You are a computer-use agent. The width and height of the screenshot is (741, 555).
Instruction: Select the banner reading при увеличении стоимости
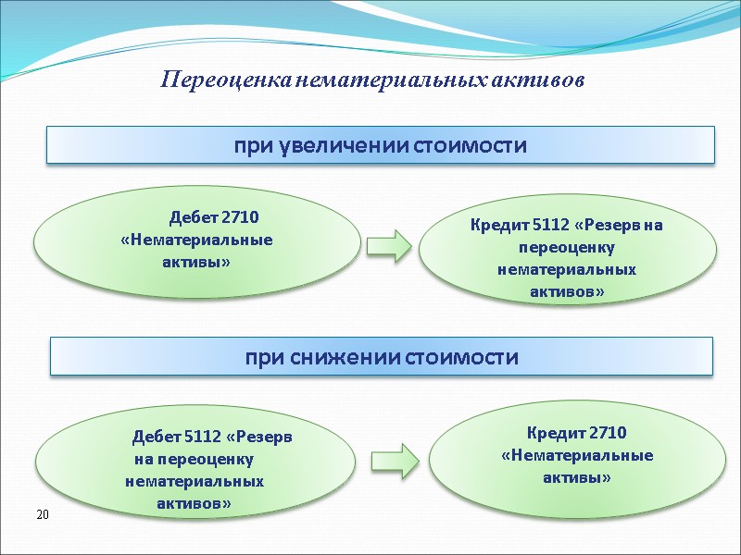pyautogui.click(x=381, y=145)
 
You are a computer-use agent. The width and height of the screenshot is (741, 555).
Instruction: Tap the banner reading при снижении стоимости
pyautogui.click(x=381, y=356)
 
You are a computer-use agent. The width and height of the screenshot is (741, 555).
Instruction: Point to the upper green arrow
pyautogui.click(x=388, y=245)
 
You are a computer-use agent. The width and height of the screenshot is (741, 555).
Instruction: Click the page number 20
pyautogui.click(x=41, y=513)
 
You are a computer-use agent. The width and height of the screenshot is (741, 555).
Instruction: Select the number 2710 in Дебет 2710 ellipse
pyautogui.click(x=240, y=217)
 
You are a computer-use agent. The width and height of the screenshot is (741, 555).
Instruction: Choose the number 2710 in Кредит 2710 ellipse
pyautogui.click(x=609, y=432)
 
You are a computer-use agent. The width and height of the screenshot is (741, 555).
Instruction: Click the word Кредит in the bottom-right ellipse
pyautogui.click(x=557, y=432)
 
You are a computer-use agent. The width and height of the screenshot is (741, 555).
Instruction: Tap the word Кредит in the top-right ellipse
pyautogui.click(x=499, y=225)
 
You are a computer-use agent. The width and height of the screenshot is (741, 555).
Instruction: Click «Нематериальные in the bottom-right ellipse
pyautogui.click(x=576, y=455)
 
